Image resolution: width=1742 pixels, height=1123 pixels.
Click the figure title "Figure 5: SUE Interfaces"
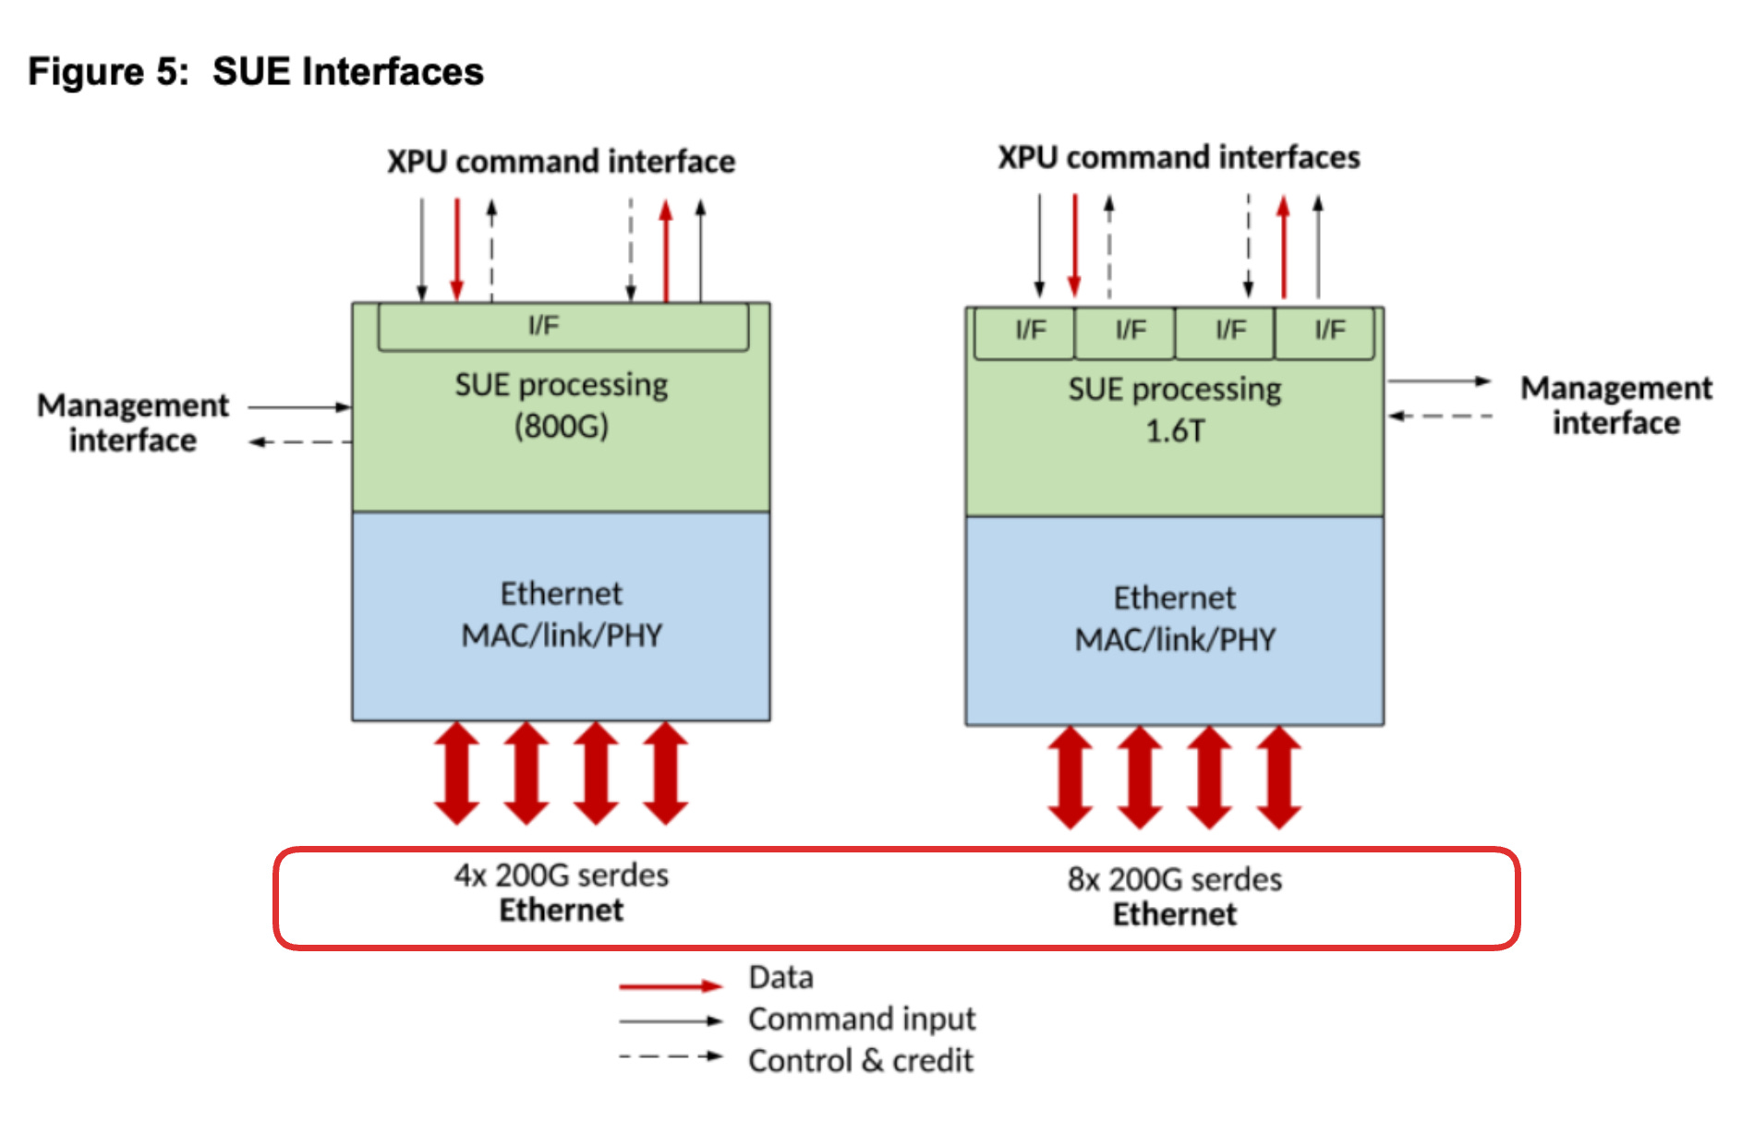click(256, 72)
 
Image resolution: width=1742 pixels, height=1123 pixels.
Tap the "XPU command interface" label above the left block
click(561, 162)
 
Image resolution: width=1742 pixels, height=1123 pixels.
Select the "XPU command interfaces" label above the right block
click(1179, 158)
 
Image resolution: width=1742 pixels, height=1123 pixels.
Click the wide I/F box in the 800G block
click(563, 327)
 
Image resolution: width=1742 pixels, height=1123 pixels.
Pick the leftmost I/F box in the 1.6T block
click(1025, 332)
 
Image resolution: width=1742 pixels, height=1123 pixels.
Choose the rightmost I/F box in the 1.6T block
click(1325, 332)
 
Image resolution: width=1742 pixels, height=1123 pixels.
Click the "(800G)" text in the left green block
click(562, 427)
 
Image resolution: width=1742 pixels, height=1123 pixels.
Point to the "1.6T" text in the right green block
click(1175, 431)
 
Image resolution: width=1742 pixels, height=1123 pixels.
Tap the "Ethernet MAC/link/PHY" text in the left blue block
click(562, 614)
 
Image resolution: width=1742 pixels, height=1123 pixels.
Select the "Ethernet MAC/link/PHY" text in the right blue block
click(1175, 619)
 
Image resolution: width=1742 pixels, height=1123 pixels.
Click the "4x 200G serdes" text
click(562, 875)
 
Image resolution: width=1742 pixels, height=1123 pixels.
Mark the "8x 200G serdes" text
click(1175, 879)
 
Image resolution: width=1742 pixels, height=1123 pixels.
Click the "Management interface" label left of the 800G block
click(133, 423)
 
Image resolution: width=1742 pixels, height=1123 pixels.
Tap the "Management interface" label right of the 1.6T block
click(1616, 405)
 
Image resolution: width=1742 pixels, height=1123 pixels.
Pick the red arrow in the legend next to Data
click(670, 986)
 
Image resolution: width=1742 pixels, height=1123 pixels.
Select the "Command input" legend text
click(861, 1019)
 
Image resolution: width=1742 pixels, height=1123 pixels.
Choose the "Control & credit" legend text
click(861, 1060)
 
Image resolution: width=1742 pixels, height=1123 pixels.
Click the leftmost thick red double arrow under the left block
click(457, 773)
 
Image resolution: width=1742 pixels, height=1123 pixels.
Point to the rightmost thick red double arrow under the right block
click(1279, 778)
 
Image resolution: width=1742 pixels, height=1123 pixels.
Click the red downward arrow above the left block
click(456, 249)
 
